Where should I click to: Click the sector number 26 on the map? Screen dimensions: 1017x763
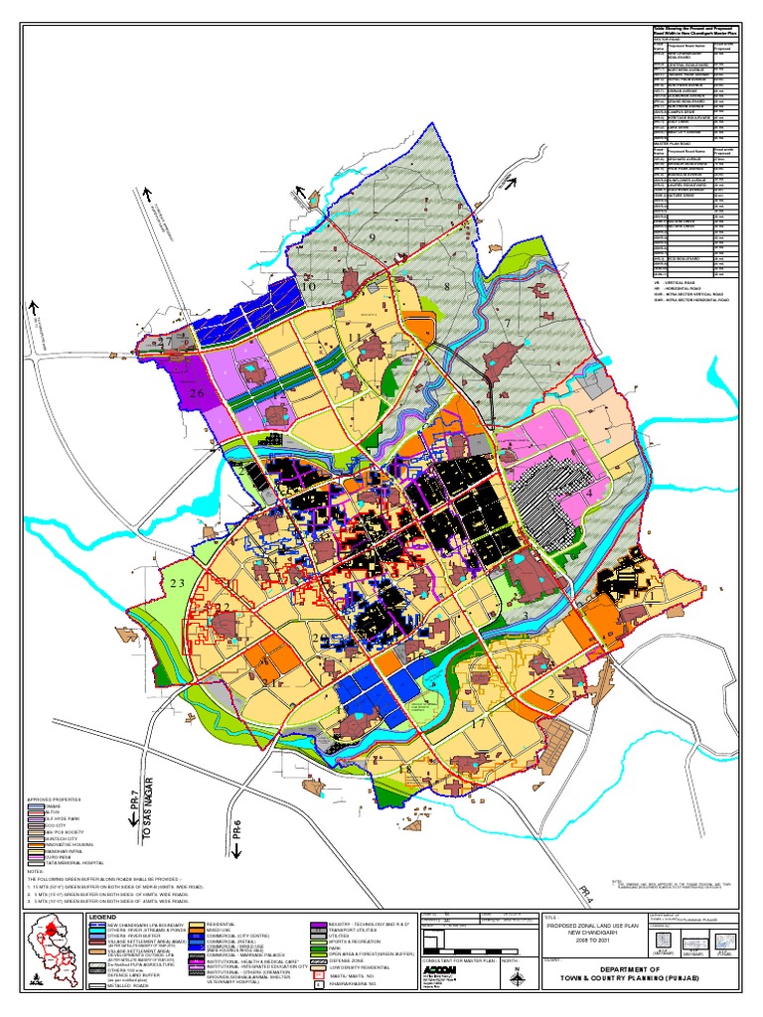196,393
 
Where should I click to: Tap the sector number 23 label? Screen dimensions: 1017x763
178,583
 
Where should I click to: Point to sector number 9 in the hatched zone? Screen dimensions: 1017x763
373,238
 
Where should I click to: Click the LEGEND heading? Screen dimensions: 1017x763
104,917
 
